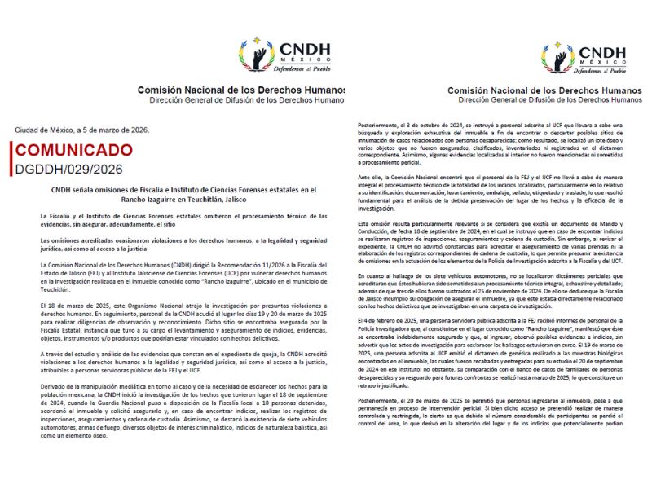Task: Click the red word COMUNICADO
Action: coord(72,151)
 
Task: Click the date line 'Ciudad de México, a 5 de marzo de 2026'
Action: coord(82,129)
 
